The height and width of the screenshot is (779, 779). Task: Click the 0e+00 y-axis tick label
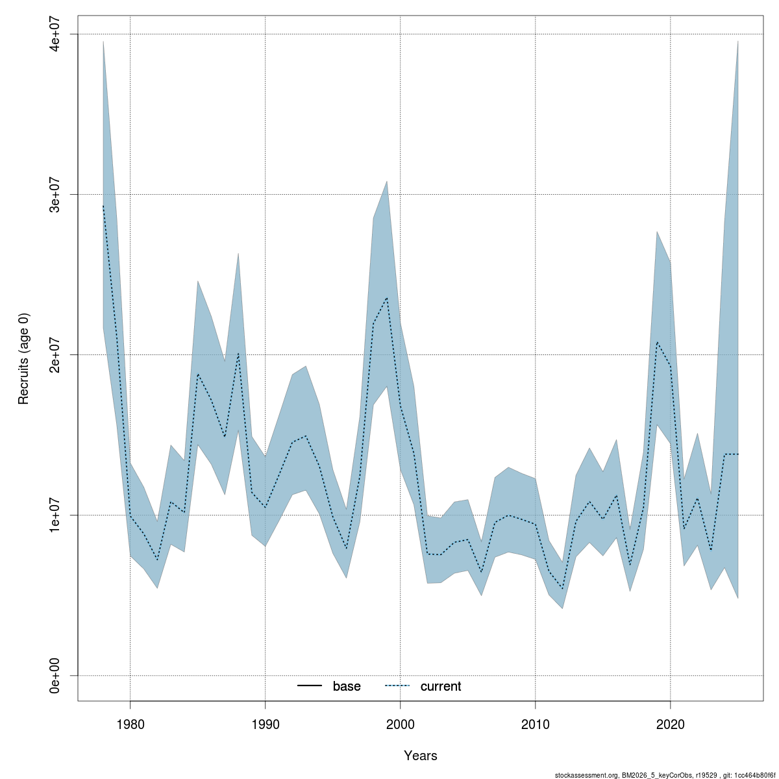(56, 676)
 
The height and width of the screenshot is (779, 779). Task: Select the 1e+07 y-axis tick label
(56, 515)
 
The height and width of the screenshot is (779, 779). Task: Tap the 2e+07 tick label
(56, 355)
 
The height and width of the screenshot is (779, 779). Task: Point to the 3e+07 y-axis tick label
(56, 195)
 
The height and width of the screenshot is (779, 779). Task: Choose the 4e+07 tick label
(56, 34)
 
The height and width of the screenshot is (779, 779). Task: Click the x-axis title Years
(421, 756)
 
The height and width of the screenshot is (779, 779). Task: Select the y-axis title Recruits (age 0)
(24, 358)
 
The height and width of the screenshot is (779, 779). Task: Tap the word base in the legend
(347, 686)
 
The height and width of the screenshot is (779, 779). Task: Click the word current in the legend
(441, 686)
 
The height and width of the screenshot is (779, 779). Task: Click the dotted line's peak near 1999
(387, 298)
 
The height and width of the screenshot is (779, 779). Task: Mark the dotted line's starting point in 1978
(103, 206)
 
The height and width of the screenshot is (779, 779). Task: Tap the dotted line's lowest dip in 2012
(562, 588)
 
